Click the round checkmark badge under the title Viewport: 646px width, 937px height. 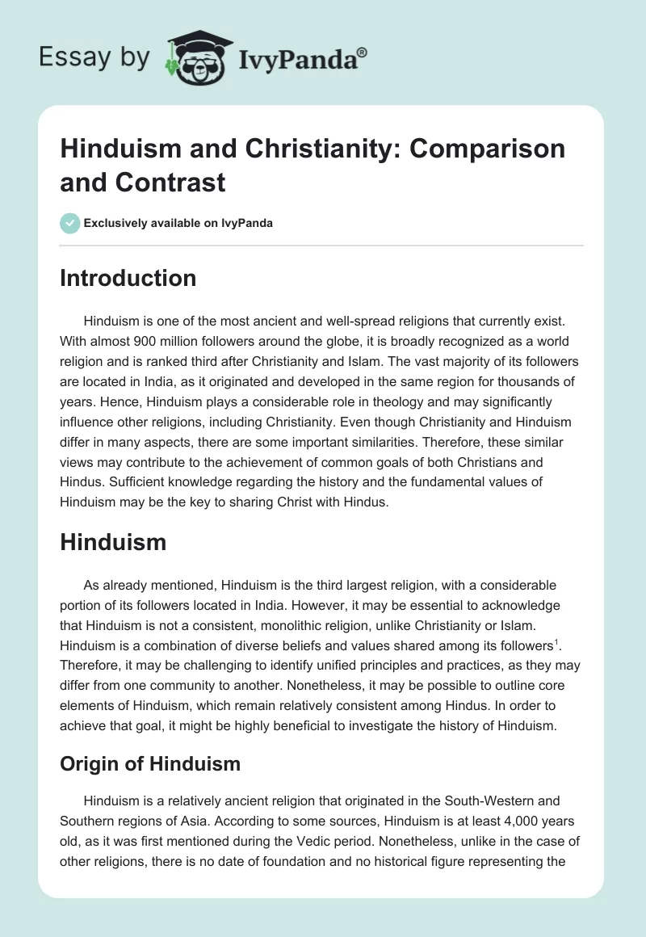point(69,223)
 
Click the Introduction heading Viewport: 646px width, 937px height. point(128,278)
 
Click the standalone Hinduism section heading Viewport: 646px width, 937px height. point(113,541)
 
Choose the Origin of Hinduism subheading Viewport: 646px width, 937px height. point(150,763)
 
